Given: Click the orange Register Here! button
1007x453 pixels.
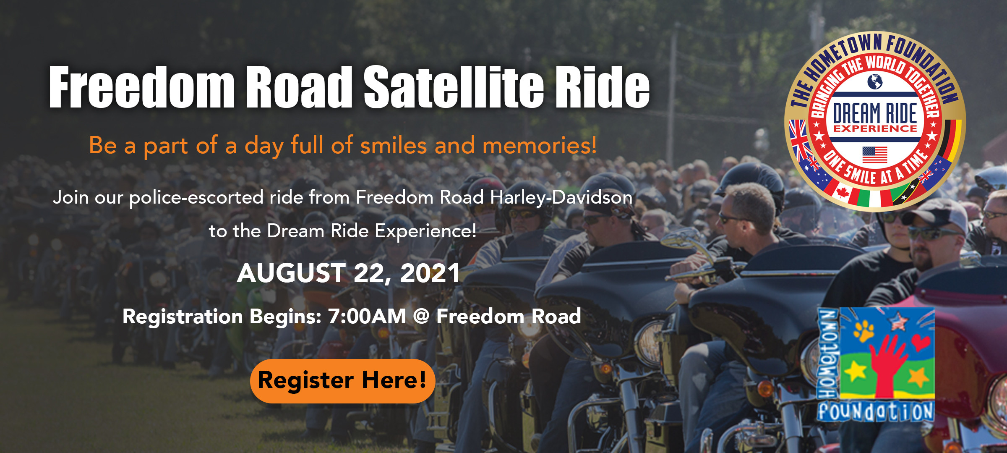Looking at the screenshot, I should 342,381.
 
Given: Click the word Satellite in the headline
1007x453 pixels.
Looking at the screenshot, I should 454,87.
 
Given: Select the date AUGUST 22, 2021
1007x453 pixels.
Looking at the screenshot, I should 348,273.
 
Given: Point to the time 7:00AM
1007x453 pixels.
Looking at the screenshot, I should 367,317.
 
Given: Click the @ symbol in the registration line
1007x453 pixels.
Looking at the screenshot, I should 421,317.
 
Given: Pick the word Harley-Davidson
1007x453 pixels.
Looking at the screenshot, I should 561,197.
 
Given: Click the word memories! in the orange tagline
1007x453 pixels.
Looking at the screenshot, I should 539,146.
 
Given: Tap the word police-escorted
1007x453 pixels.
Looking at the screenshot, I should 196,197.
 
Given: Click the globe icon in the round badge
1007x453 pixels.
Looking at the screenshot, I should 875,81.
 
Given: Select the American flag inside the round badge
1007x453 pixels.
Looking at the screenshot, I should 875,154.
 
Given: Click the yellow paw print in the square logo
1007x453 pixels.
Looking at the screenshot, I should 863,330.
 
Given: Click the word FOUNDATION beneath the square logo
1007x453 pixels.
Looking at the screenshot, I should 876,411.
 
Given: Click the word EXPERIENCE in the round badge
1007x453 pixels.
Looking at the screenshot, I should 875,128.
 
